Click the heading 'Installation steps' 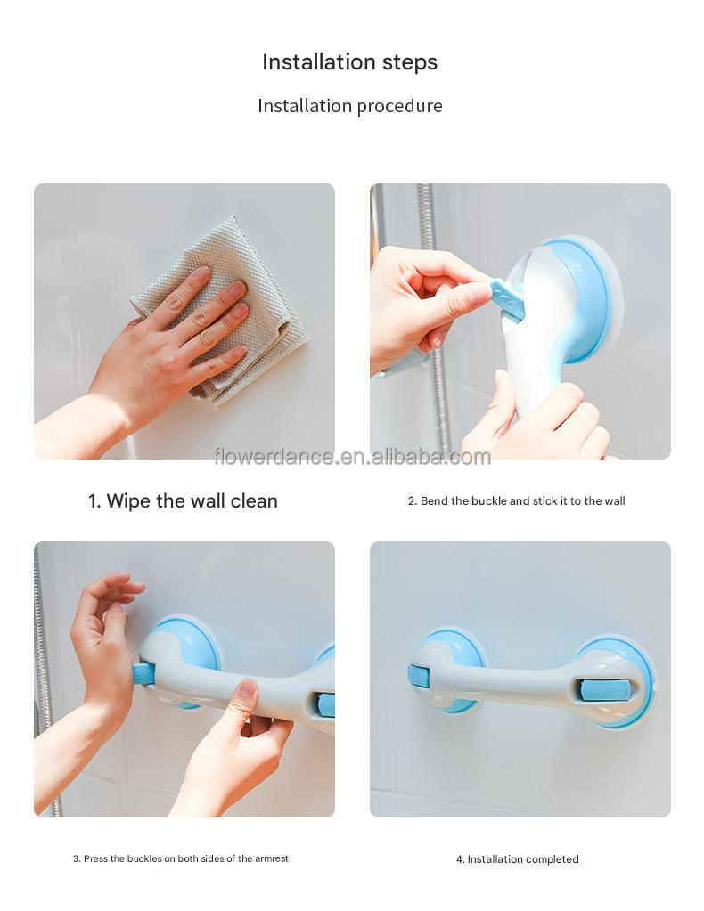[x=349, y=62]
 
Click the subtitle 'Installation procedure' [x=349, y=106]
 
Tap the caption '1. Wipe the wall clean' [x=183, y=501]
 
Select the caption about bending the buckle [x=516, y=501]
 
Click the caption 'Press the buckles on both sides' [x=181, y=859]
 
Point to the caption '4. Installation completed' [x=517, y=860]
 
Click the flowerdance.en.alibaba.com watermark [x=352, y=458]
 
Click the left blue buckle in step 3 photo [x=143, y=673]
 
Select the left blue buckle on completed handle [x=418, y=677]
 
